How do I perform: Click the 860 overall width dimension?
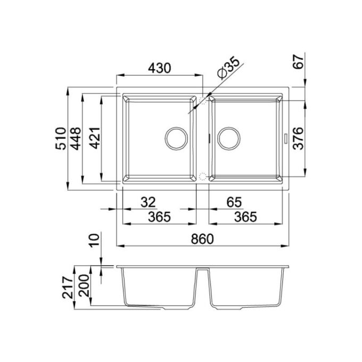(x=202, y=239)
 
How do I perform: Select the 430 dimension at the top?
(x=160, y=68)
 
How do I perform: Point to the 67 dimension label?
(x=298, y=61)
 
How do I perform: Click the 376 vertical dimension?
(x=298, y=138)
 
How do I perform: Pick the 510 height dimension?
(x=61, y=138)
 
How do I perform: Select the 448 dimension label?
(x=76, y=138)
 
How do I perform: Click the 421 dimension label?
(x=95, y=138)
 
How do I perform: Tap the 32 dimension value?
(x=148, y=202)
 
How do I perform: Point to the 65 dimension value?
(x=234, y=202)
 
